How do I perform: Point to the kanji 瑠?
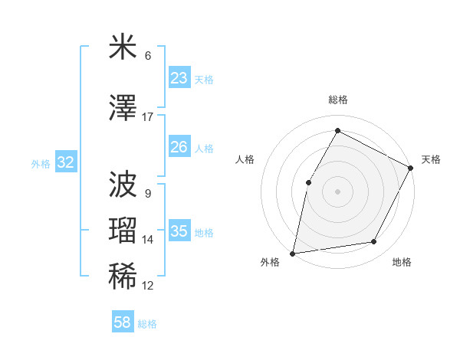point(123,231)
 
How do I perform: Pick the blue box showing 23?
point(179,78)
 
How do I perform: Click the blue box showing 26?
point(179,147)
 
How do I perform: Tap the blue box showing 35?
point(179,231)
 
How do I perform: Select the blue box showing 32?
point(65,162)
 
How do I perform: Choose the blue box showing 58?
point(123,322)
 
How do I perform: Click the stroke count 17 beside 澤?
point(148,117)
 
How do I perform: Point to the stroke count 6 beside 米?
point(148,56)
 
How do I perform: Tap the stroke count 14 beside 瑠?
point(148,240)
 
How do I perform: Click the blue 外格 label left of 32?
point(41,163)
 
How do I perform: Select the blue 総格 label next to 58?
point(147,324)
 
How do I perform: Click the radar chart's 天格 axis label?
point(431,159)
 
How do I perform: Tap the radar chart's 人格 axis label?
point(245,159)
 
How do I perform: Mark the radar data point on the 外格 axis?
point(292,253)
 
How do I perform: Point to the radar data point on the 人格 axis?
point(308,182)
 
